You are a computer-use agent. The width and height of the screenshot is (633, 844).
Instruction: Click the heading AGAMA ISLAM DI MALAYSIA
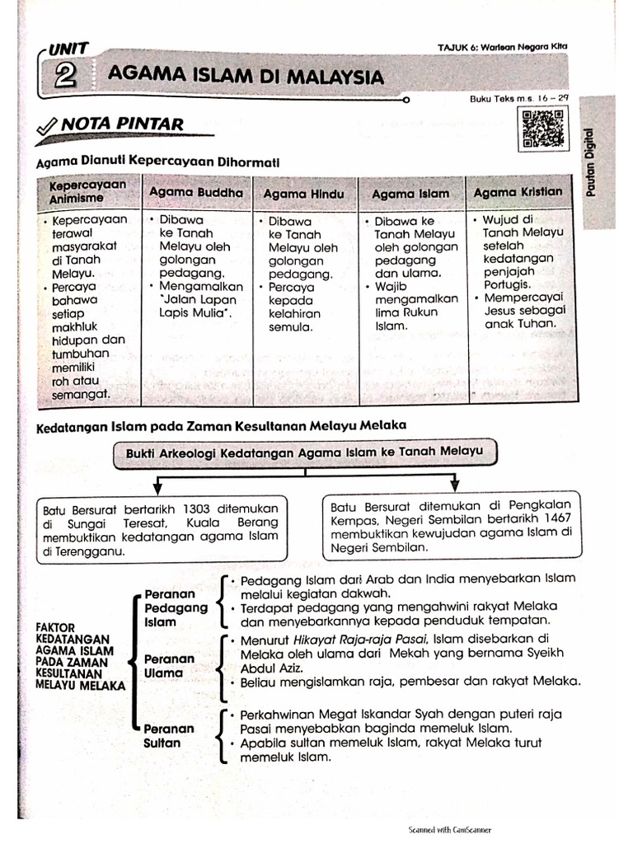pos(246,77)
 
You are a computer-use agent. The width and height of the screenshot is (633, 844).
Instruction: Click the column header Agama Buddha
pos(196,192)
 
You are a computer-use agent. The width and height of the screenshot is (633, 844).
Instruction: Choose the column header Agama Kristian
pos(518,192)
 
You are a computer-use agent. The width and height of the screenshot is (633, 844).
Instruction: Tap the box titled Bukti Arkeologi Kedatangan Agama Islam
pos(305,452)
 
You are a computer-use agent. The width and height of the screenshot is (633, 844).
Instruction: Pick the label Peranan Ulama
pos(169,666)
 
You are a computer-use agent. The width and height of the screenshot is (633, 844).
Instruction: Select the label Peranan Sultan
pos(169,735)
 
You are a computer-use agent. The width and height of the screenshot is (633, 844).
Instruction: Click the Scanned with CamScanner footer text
pos(449,830)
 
